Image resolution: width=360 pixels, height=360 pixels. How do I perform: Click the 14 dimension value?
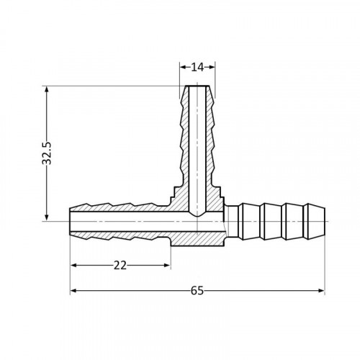[x=197, y=68]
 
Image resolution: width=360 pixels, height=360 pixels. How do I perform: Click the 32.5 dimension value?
[x=47, y=153]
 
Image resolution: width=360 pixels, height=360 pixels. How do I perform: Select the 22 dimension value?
[x=120, y=266]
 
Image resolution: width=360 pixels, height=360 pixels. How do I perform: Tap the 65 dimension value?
[x=197, y=291]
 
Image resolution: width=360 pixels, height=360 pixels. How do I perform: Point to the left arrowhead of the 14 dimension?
[x=183, y=67]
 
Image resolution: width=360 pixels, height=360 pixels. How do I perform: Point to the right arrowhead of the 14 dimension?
[x=212, y=67]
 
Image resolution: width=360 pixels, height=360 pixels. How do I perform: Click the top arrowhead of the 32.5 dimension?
[x=47, y=90]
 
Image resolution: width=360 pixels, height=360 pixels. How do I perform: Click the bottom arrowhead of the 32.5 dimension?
[x=47, y=217]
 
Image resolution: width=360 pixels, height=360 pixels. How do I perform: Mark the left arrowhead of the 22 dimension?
[x=74, y=265]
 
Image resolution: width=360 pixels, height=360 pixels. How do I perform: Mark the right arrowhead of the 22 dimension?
[x=167, y=265]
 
